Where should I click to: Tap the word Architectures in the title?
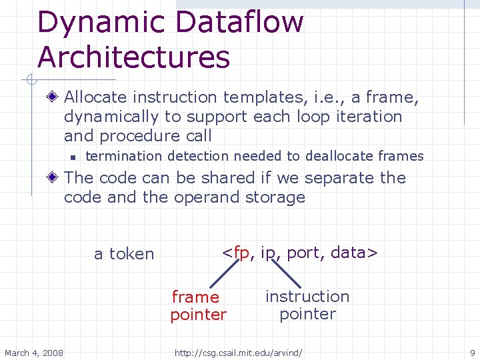pos(134,57)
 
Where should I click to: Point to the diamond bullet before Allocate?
pos(53,97)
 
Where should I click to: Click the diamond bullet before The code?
pos(53,178)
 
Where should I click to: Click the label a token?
pos(124,254)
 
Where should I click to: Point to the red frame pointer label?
pos(197,305)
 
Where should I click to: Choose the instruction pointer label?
pos(307,305)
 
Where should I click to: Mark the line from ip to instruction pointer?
pos(285,273)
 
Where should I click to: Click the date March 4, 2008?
pos(34,353)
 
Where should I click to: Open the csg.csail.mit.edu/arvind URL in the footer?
pos(238,353)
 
